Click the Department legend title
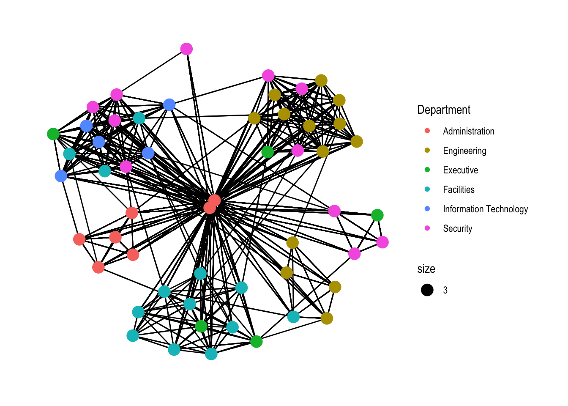(444, 110)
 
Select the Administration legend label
(468, 131)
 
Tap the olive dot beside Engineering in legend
(427, 151)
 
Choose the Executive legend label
(460, 170)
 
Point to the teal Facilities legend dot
(427, 189)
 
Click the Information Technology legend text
(485, 209)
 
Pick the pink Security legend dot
(427, 228)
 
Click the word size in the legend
(426, 269)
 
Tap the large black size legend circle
(427, 290)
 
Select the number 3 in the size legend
(445, 290)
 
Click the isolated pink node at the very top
(186, 49)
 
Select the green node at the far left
(53, 134)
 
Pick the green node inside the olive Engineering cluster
(268, 151)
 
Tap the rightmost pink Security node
(382, 242)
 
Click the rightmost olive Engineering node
(357, 141)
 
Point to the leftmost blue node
(61, 176)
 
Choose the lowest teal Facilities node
(211, 354)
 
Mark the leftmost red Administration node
(79, 239)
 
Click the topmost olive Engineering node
(321, 80)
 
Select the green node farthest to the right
(377, 215)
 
